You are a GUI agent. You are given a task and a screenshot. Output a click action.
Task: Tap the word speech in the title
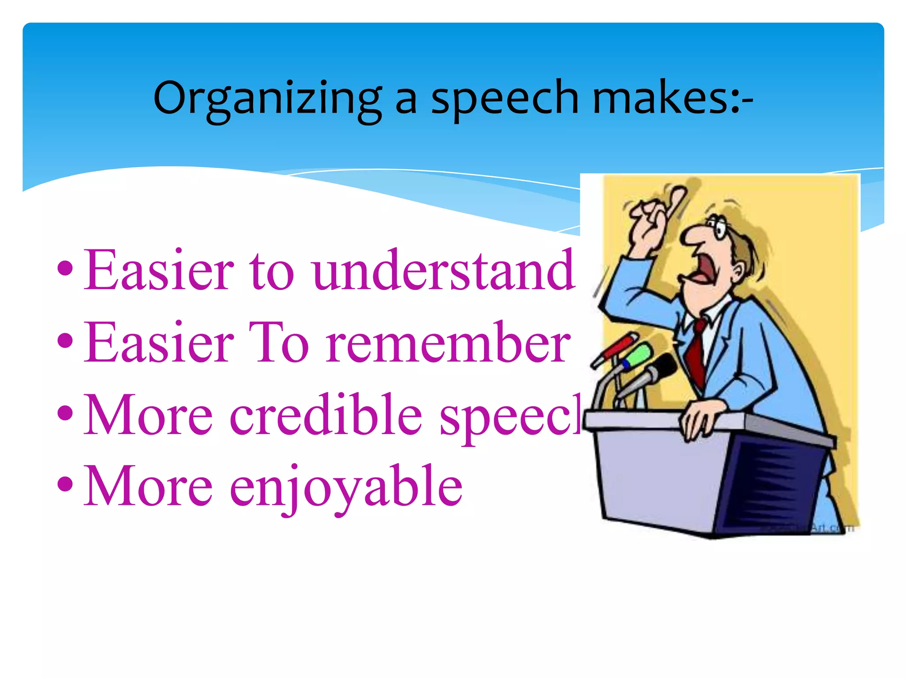505,99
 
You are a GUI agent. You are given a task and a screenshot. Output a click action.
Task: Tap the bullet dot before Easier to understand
65,268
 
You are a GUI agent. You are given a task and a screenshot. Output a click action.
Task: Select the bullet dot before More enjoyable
65,484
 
